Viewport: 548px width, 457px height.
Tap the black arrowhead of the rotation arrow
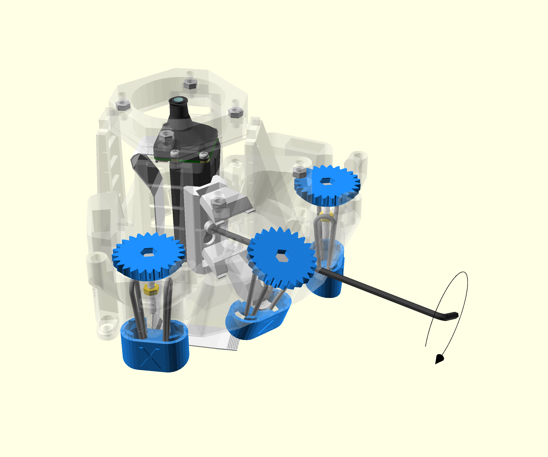coord(439,359)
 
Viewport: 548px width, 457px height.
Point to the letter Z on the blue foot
coord(266,327)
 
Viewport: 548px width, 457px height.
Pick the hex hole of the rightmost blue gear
coord(326,181)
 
